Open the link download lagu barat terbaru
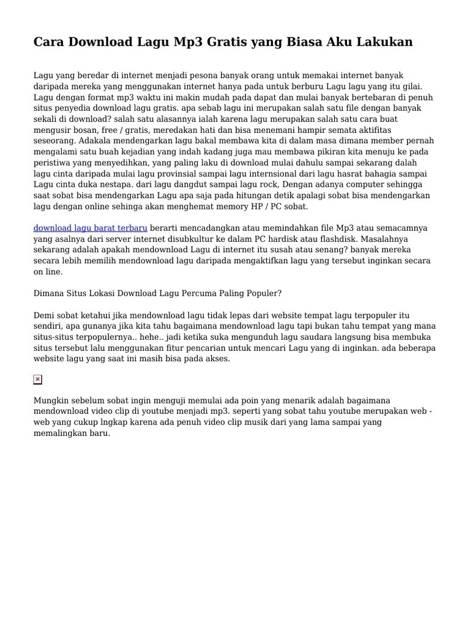(x=91, y=228)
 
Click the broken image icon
(x=38, y=380)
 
